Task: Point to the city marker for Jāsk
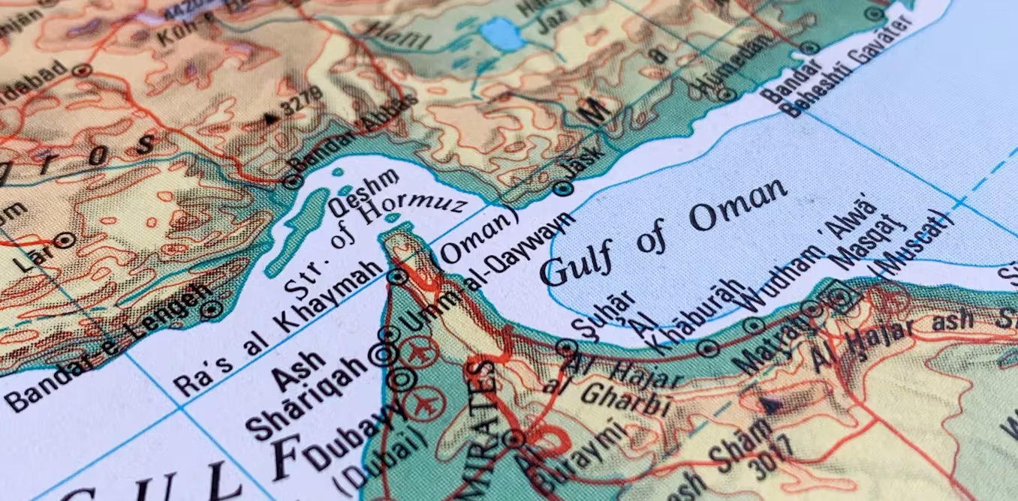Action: coord(563,189)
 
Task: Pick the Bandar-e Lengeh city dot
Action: coord(212,307)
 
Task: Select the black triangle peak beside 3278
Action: coord(271,118)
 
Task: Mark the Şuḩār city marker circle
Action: coord(567,348)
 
